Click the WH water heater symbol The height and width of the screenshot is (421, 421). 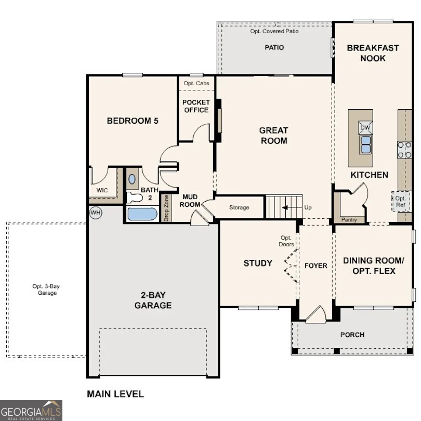95,213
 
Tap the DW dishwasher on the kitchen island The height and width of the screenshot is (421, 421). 365,127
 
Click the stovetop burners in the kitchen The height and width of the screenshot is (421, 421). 404,150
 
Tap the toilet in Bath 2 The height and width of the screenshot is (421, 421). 134,197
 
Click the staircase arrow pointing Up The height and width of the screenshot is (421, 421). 285,208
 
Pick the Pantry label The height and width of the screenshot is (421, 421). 349,220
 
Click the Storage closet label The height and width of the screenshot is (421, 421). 239,208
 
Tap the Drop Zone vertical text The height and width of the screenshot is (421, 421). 166,208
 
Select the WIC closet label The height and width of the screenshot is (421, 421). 102,190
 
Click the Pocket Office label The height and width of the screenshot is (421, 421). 196,106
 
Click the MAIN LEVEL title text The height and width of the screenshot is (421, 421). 115,394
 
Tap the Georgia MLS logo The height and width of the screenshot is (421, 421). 31,410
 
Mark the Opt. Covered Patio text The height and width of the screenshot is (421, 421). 274,31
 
